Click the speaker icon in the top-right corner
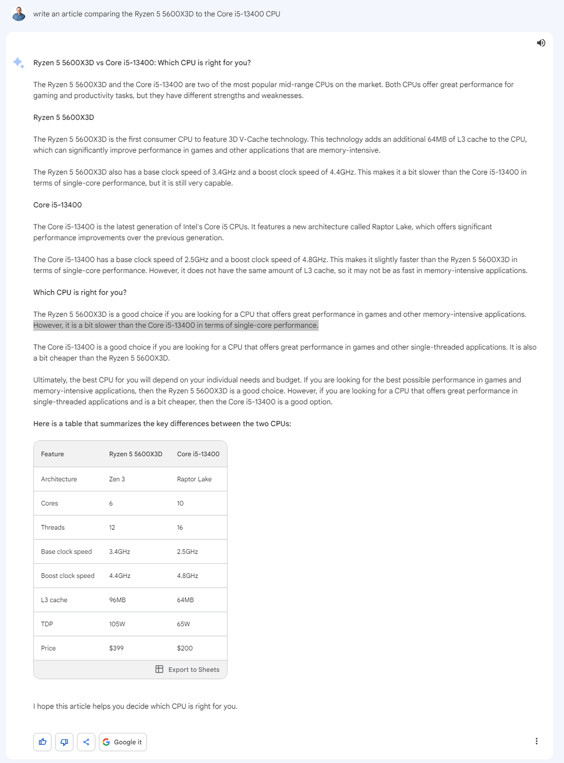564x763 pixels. tap(541, 43)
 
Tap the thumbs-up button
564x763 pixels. tap(43, 742)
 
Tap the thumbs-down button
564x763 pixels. tap(64, 742)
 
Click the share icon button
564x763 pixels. tap(86, 742)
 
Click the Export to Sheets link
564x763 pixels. tap(188, 670)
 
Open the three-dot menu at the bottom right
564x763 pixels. tap(536, 741)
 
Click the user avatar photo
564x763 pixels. tap(19, 14)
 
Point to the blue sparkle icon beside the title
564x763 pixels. tap(18, 62)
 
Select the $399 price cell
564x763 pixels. tap(117, 648)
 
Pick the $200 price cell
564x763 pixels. tap(185, 648)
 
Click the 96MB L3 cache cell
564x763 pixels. tap(117, 600)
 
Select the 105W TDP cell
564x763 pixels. tap(117, 624)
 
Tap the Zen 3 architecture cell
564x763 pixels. tap(117, 479)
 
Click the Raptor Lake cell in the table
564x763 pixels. tap(194, 479)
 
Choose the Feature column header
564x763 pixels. tap(52, 454)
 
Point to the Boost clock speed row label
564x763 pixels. tap(68, 576)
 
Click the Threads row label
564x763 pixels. tap(53, 527)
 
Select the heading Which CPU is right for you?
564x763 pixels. tap(80, 292)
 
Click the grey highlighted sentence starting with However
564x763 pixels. tap(176, 325)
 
